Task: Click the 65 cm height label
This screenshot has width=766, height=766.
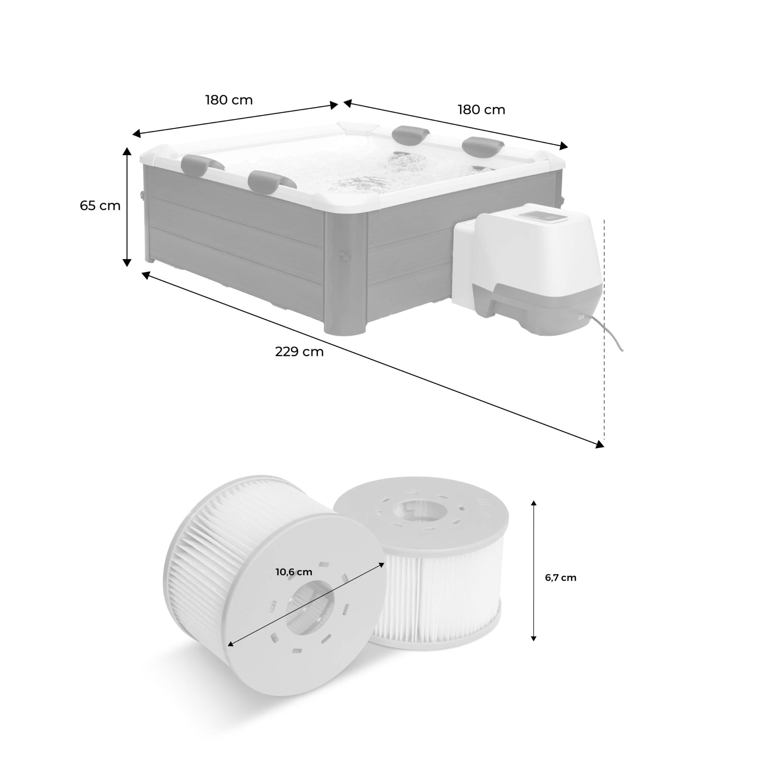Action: click(100, 206)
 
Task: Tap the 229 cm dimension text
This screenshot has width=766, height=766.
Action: click(299, 352)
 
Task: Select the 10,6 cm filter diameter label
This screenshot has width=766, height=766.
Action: click(294, 572)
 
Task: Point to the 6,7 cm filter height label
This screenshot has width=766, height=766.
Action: click(561, 577)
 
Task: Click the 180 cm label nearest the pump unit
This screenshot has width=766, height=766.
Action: click(481, 110)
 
